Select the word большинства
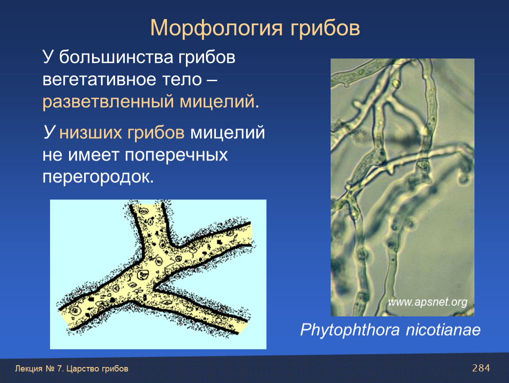coord(116,57)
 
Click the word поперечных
coord(176,155)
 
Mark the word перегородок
coord(98,177)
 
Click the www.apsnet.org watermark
coord(427,302)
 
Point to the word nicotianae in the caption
coord(443,330)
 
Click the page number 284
coord(481,368)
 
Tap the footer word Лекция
coord(29,369)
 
